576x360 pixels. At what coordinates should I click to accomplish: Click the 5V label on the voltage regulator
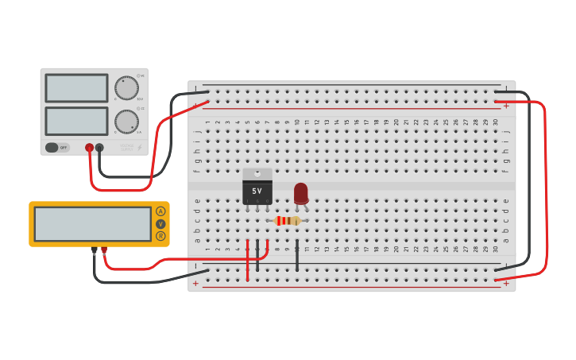pos(257,192)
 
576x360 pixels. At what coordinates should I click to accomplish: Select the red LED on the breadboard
pos(300,193)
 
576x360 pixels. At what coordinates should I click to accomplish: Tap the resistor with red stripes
pos(287,221)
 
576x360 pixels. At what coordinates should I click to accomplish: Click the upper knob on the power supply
pos(126,87)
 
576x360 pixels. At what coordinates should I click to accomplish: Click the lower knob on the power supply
pos(126,122)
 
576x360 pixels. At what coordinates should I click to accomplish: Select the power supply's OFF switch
pos(57,147)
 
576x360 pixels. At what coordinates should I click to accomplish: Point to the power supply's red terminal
pos(89,148)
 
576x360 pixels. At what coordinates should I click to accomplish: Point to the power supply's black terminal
pos(99,148)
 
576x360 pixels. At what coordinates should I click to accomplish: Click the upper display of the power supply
pos(76,88)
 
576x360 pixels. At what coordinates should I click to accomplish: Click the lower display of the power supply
pos(76,121)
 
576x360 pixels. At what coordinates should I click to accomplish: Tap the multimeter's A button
pos(160,211)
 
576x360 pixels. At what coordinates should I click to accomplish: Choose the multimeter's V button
pos(160,224)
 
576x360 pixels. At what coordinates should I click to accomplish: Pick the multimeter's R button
pos(160,236)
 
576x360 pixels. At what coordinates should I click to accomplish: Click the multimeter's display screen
pos(92,224)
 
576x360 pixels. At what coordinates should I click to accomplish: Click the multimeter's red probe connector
pos(104,250)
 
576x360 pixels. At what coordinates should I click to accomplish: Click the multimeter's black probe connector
pos(94,250)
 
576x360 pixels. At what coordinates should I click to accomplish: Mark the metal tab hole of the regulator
pos(257,172)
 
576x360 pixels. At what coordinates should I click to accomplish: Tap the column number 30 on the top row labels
pos(495,122)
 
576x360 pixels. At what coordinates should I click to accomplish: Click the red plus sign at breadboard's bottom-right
pos(506,282)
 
